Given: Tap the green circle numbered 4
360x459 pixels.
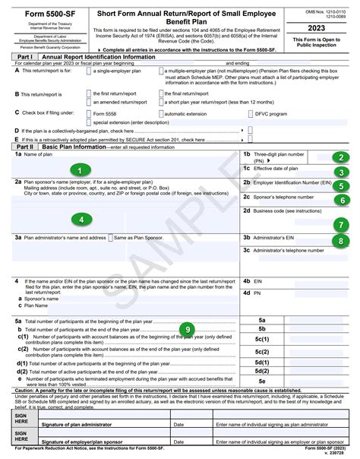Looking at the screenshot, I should coord(81,219).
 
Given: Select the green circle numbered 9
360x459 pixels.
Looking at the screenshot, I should coord(188,328).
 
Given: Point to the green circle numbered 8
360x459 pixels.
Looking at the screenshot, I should coord(344,241).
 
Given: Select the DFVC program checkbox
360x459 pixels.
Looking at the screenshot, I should coord(252,113).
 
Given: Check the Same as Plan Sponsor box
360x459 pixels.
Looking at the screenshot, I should coord(109,238).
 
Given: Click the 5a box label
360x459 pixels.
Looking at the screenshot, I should coord(262,321).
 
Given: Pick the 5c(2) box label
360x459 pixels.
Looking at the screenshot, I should coord(262,352).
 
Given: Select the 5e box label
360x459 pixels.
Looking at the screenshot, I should coord(262,381).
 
